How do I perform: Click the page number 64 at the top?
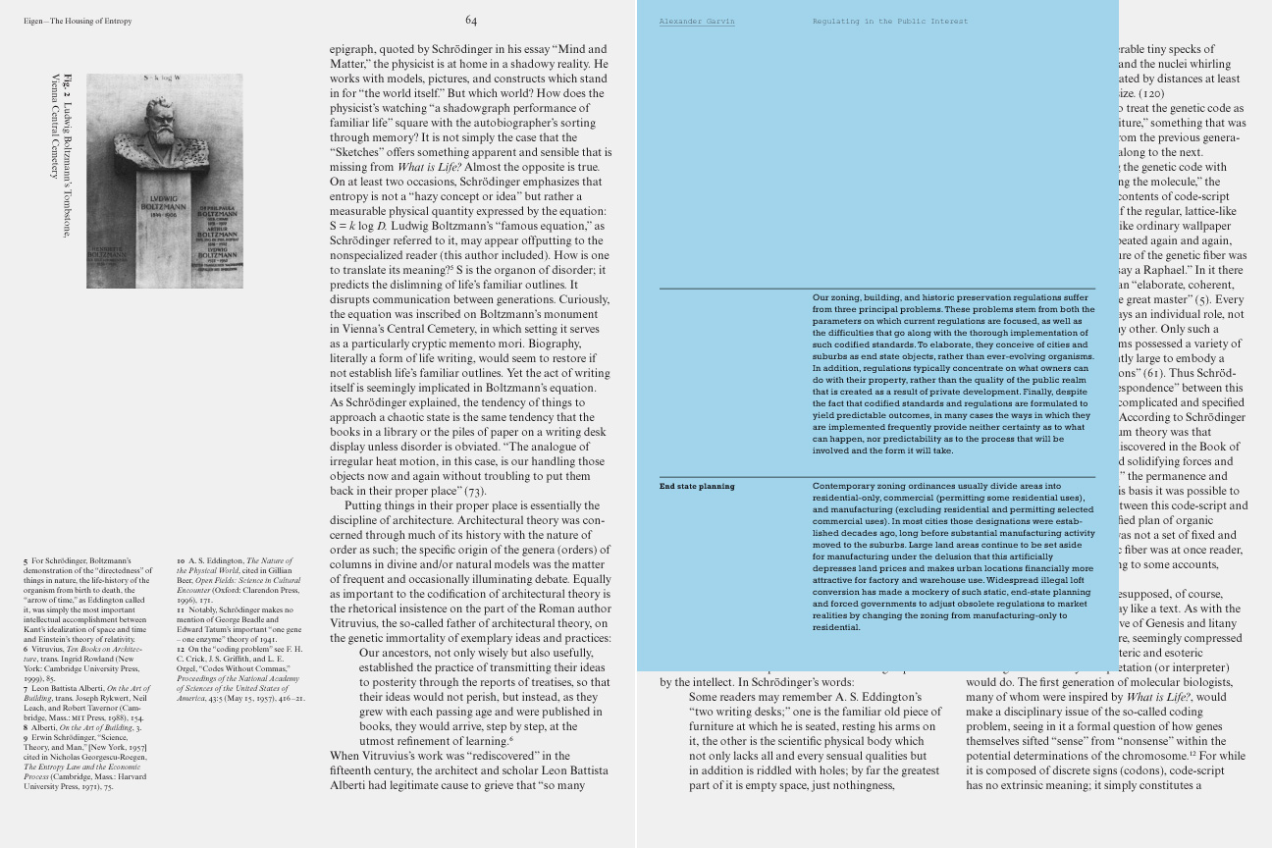click(471, 20)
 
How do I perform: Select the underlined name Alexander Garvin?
click(696, 21)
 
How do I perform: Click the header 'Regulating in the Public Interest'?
click(889, 21)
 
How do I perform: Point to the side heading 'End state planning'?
click(696, 486)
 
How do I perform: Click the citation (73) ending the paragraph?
click(475, 491)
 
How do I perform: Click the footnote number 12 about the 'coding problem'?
click(181, 649)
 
